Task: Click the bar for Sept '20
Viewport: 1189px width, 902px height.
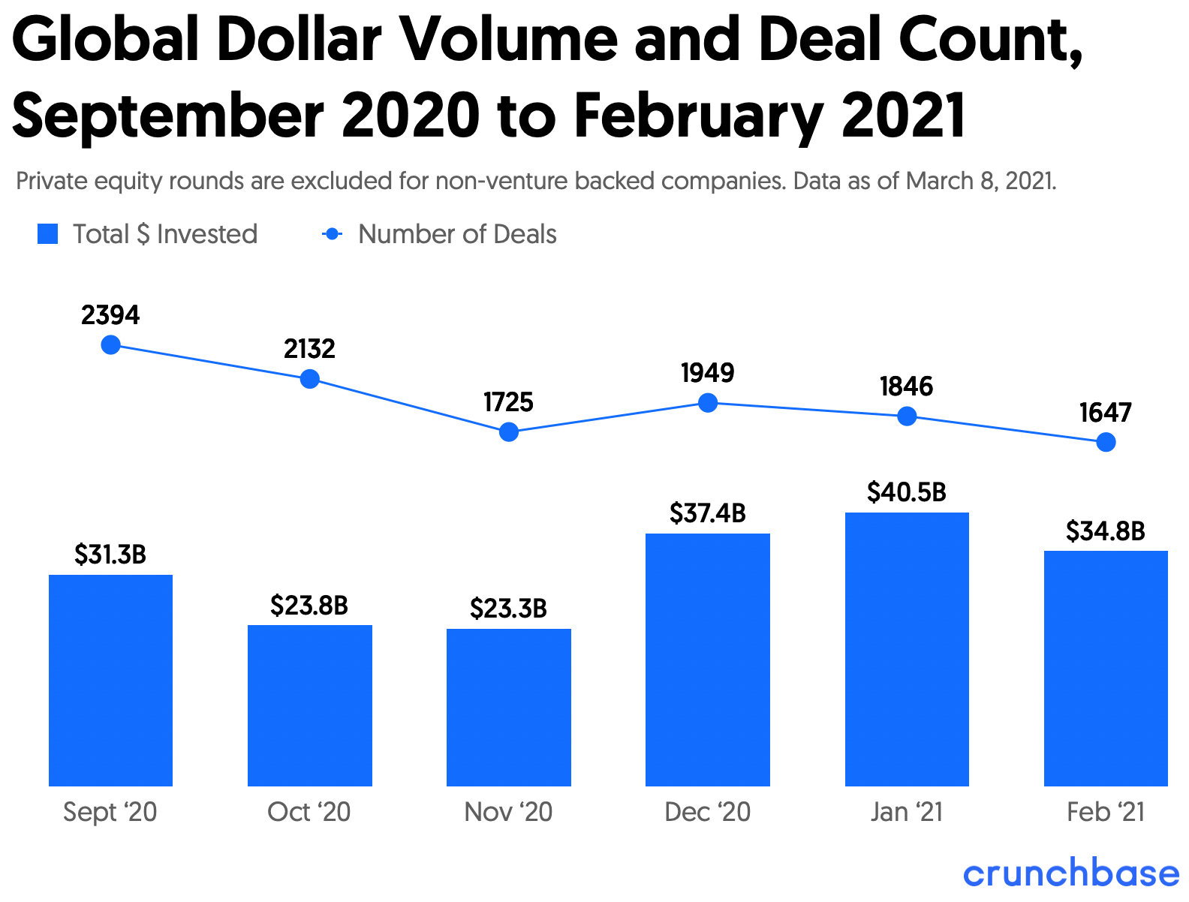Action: point(110,680)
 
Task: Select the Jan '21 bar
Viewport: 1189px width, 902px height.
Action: point(907,649)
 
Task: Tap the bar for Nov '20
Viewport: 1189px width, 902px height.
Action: point(508,707)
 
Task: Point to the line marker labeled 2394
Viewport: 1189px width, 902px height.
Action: point(110,345)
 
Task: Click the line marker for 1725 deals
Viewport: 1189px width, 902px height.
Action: point(508,431)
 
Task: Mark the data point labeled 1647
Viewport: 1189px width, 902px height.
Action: point(1106,443)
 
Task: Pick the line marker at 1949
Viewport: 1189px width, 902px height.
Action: point(707,403)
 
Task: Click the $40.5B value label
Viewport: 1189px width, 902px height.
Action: point(907,492)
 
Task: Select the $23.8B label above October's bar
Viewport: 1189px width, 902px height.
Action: point(309,605)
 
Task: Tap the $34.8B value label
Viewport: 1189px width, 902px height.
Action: point(1106,531)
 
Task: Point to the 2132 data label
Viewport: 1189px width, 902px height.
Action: point(309,349)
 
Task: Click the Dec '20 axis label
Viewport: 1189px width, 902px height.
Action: point(707,812)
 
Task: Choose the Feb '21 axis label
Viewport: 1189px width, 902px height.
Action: point(1106,812)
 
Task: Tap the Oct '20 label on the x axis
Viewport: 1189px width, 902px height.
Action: point(309,812)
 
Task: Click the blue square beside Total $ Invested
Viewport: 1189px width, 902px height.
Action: point(48,234)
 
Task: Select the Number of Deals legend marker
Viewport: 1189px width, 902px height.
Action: point(332,234)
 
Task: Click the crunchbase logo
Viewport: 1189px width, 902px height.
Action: point(1071,873)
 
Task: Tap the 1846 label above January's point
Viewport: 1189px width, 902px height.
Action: point(907,386)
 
